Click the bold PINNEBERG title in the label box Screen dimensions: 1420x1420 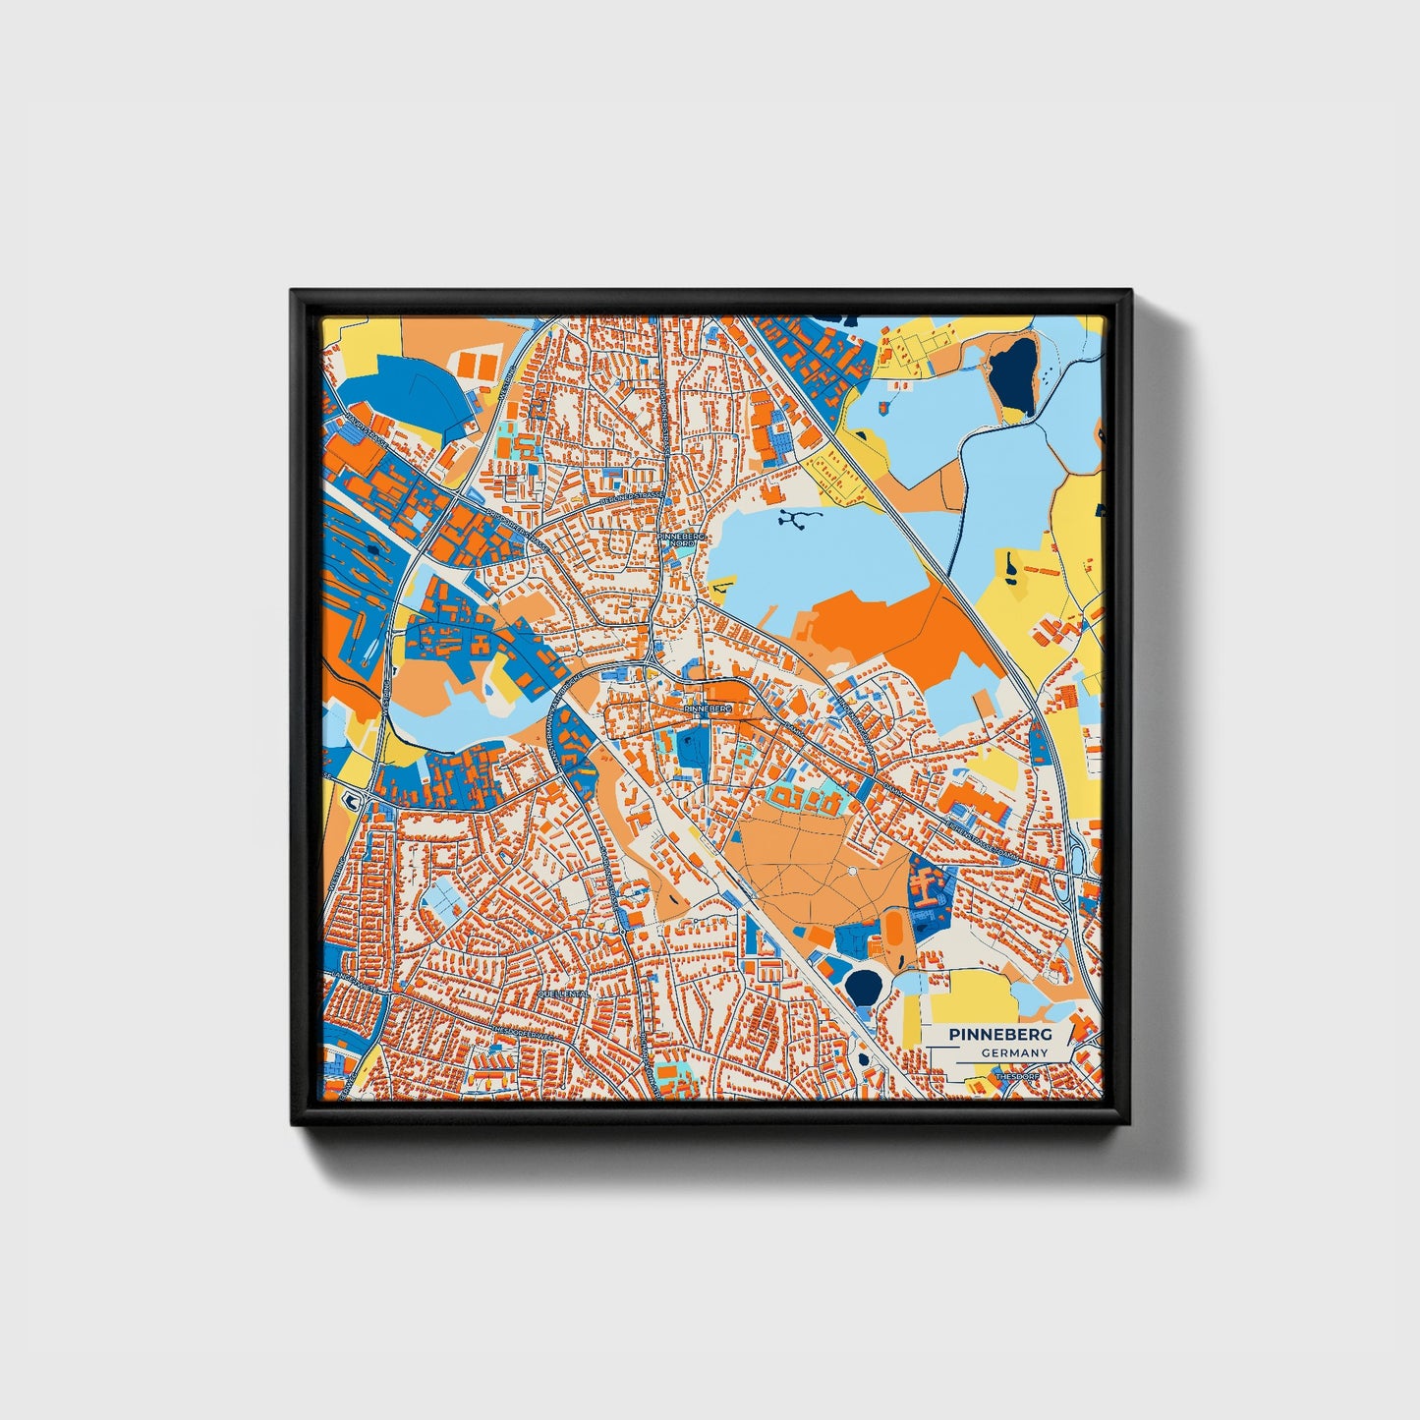point(1000,1035)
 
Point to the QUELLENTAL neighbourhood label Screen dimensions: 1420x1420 point(563,994)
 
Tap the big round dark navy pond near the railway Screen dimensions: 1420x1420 point(865,986)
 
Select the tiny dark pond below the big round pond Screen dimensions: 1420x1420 point(863,1059)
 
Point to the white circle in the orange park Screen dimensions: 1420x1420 point(851,872)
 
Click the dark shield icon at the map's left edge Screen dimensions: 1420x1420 point(349,801)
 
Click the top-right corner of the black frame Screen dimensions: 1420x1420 point(1130,292)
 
